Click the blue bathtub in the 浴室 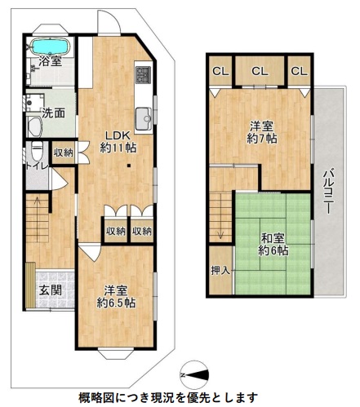[x=50, y=46]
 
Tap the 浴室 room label [x=50, y=61]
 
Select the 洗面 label [x=54, y=113]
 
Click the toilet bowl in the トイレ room [x=38, y=152]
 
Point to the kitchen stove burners [x=143, y=75]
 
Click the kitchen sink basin [x=144, y=119]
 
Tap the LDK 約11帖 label [x=118, y=141]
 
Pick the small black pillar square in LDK [x=129, y=166]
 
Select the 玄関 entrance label [x=50, y=290]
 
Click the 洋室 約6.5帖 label [x=117, y=297]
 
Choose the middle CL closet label [x=260, y=71]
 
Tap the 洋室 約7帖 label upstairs [x=262, y=132]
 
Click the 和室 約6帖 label [x=273, y=244]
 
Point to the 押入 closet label [x=220, y=270]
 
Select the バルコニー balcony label [x=329, y=191]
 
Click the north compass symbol [x=194, y=375]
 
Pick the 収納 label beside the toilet [x=63, y=153]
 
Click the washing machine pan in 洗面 [x=35, y=103]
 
